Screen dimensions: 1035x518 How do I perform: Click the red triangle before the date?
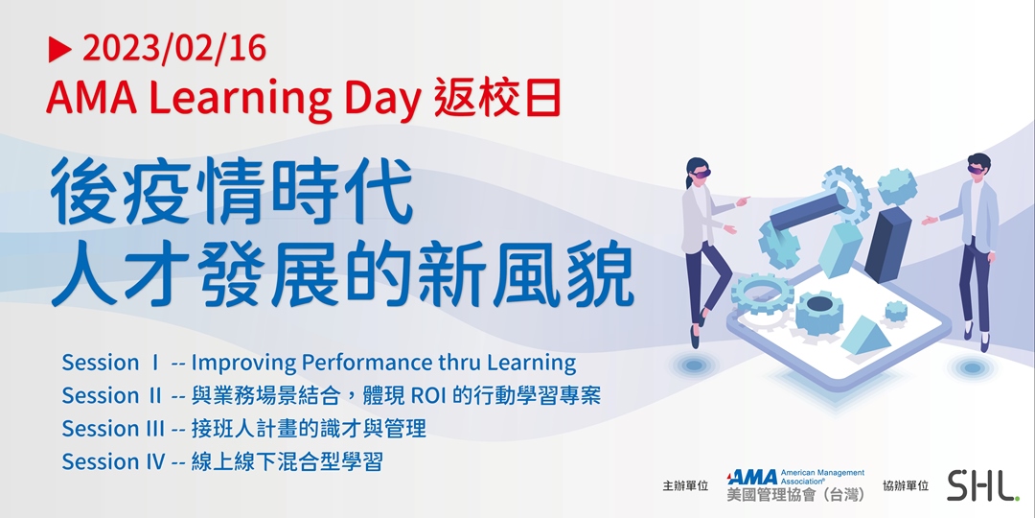59,50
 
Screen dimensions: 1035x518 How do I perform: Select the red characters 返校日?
497,97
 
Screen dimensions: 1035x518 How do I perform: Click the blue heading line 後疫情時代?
232,192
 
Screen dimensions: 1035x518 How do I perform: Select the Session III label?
113,429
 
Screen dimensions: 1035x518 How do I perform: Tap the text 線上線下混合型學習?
287,461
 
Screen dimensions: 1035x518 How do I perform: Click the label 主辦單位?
685,486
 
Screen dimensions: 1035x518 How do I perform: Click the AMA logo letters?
752,477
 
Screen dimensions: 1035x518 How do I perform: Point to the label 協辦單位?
906,486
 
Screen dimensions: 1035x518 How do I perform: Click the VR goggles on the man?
976,169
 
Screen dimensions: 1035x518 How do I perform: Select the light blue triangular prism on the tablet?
865,335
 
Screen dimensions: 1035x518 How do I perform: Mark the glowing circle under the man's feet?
971,368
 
